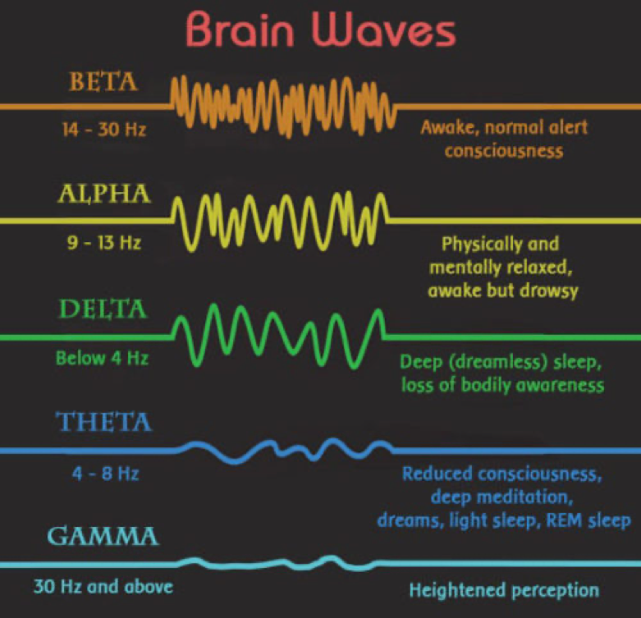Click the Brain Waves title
tap(321, 30)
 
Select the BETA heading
tap(103, 82)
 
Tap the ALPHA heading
tap(104, 194)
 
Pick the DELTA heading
tap(103, 309)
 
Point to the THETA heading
tap(104, 422)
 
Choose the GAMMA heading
tap(103, 536)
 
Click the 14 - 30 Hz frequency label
tap(104, 130)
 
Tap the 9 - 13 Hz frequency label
tap(104, 243)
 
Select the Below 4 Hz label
tap(103, 358)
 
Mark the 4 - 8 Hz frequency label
tap(106, 474)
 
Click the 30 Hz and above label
tap(103, 587)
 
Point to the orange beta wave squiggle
tap(283, 107)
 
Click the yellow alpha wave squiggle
tap(281, 222)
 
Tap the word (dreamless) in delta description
tap(497, 362)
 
